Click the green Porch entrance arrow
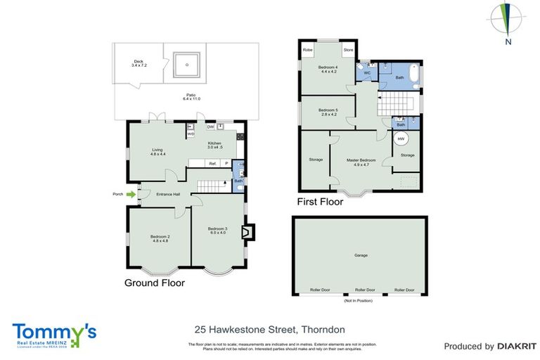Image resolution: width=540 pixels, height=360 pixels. [x=131, y=194]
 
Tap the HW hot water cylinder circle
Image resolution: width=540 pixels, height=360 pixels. [x=401, y=139]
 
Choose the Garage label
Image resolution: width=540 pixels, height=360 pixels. [x=361, y=255]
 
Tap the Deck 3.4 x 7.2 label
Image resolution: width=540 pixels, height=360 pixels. [x=138, y=64]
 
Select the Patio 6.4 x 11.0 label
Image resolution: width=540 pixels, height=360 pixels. [x=191, y=96]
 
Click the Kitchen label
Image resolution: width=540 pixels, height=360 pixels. [x=214, y=145]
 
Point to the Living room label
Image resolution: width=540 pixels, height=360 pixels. [x=157, y=151]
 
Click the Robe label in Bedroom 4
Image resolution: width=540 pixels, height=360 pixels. [x=307, y=51]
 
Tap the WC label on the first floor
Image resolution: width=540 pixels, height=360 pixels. [x=367, y=73]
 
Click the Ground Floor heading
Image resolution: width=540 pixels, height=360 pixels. [x=154, y=283]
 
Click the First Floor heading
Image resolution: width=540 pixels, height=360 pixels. [x=320, y=201]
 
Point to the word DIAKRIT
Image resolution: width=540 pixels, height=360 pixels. [x=517, y=346]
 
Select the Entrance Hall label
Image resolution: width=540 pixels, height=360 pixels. [x=169, y=194]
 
